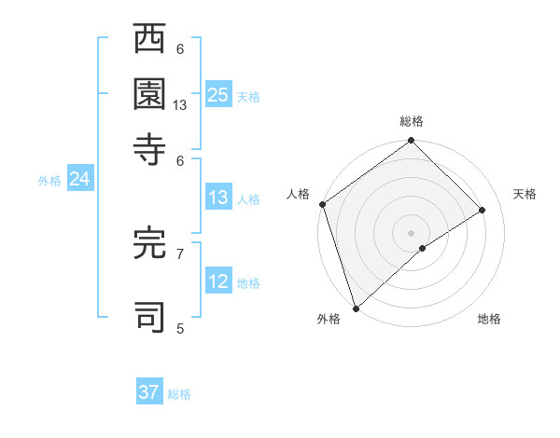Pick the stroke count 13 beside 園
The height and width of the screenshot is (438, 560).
180,105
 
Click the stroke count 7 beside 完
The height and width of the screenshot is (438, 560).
180,253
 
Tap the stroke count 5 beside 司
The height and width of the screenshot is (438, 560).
180,328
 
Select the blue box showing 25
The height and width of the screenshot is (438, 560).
218,94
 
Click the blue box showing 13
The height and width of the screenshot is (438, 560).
218,198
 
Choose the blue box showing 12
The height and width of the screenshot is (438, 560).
218,282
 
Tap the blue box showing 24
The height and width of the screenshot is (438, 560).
79,180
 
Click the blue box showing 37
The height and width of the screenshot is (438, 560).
149,392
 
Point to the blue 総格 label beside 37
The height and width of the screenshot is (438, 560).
179,394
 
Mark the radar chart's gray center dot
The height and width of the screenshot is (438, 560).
411,232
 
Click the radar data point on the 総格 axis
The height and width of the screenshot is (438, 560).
411,142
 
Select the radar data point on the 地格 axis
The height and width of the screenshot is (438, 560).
423,248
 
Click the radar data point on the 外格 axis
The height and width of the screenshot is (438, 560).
356,308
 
